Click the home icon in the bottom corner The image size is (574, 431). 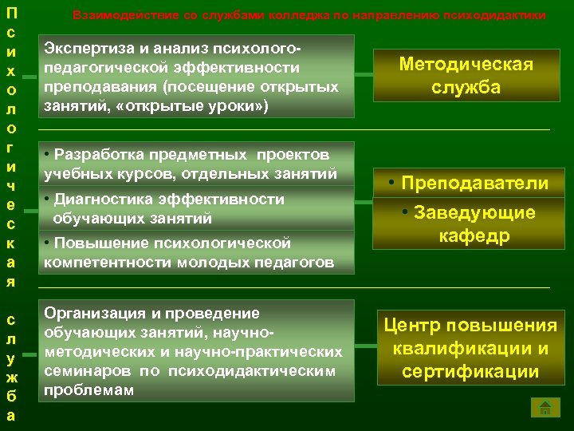(545, 409)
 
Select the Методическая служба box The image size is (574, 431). (466, 76)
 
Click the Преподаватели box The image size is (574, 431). (468, 184)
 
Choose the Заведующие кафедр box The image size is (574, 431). (468, 223)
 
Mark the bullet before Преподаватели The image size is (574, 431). (394, 183)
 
